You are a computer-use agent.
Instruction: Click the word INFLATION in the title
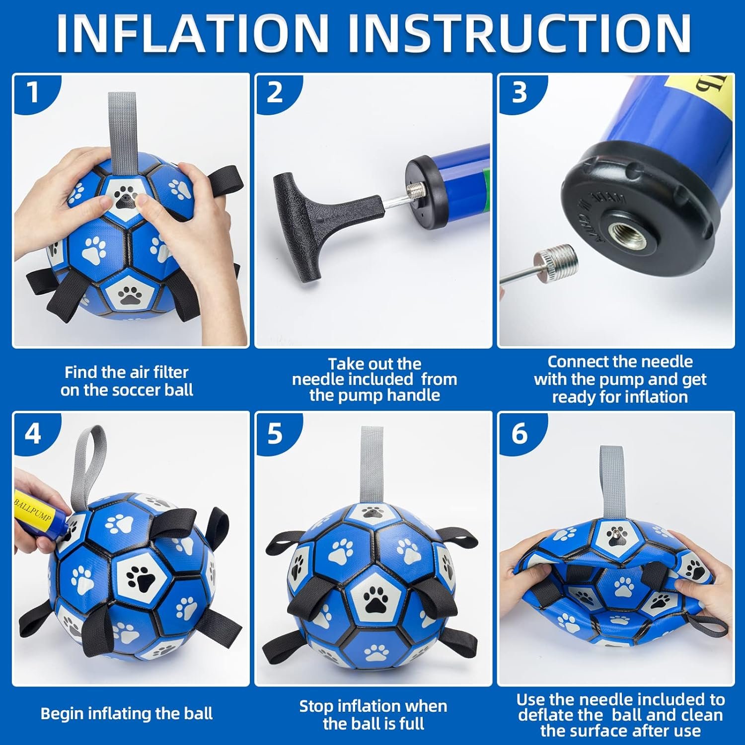[x=192, y=33]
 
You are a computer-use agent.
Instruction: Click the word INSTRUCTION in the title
[x=519, y=33]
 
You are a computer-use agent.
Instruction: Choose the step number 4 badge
[x=33, y=434]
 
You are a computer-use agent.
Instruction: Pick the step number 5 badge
[x=275, y=434]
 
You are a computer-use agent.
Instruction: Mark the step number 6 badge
[x=519, y=434]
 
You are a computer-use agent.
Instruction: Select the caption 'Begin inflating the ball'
[x=127, y=714]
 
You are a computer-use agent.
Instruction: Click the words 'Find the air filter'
[x=127, y=372]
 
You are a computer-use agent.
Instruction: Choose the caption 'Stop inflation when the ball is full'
[x=373, y=715]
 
